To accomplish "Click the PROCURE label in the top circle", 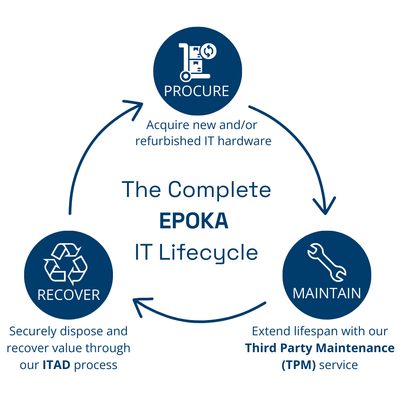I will pos(197,91).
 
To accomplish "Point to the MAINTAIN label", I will pos(326,293).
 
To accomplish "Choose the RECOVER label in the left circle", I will pos(68,295).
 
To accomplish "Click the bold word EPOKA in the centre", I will pos(194,221).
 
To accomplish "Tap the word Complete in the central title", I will pos(219,189).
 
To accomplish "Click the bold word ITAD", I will pos(56,365).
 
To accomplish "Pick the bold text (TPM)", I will pos(298,365).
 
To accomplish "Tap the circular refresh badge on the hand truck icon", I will pos(209,51).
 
